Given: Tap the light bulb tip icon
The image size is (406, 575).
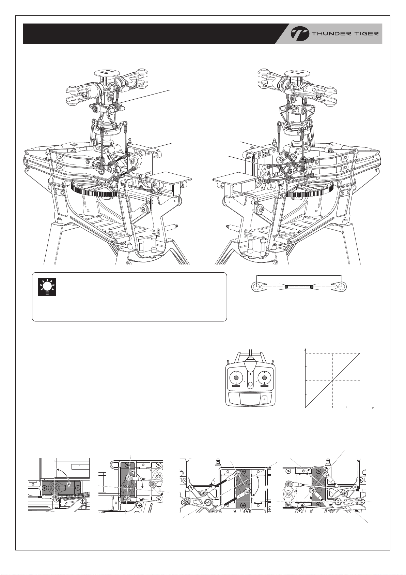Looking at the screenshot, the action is pos(47,287).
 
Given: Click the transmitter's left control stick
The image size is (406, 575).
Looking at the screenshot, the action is pos(236,377).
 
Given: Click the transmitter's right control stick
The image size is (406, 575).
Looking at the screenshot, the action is pos(264,377).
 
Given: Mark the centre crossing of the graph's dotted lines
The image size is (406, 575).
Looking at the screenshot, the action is pos(332,380).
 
